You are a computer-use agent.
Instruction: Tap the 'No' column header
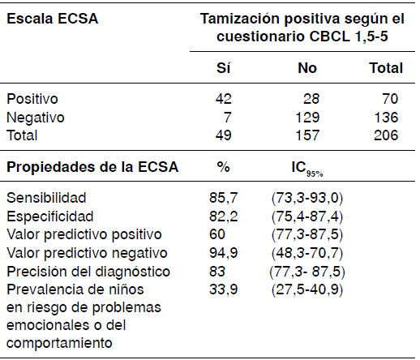[307, 69]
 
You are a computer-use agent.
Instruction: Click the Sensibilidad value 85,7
[222, 198]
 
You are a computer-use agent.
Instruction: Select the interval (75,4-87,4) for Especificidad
[307, 216]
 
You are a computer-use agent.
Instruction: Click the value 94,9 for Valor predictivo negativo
[222, 251]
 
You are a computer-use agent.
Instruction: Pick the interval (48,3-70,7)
[307, 251]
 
